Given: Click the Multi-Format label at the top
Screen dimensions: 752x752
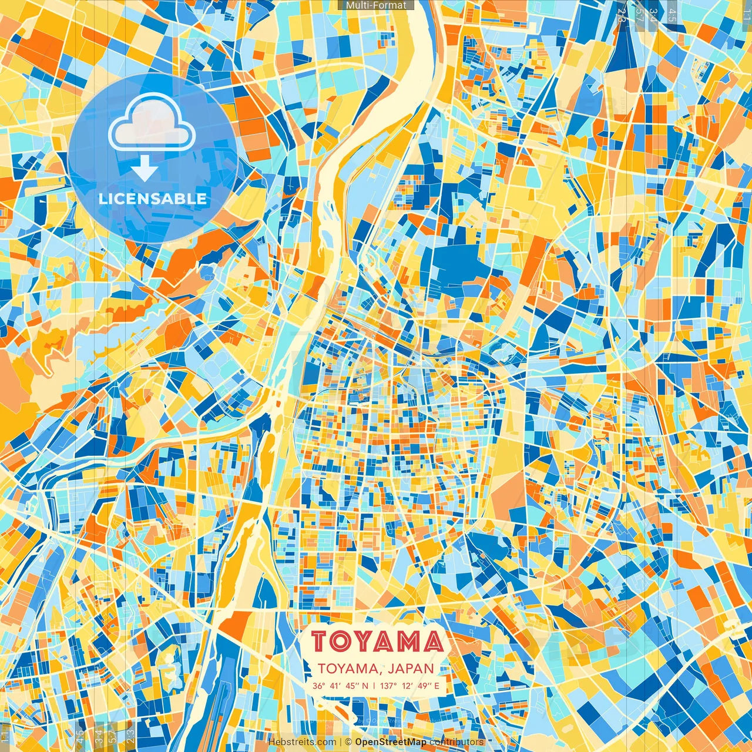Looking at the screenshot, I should pos(376,5).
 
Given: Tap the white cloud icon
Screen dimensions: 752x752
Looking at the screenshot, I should pos(152,124).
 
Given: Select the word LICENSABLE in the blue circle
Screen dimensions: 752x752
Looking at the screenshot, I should pos(152,199).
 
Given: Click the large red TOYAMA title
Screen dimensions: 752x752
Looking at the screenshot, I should pos(377,642).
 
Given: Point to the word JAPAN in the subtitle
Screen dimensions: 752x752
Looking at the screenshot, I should pos(412,669).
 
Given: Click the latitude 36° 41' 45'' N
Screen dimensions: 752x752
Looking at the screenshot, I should pos(341,686).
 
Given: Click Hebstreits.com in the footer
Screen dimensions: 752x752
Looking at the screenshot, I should pos(302,742).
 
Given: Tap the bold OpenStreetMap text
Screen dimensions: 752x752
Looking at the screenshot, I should pos(391,742).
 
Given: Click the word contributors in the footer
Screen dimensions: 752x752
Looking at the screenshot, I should pos(456,742).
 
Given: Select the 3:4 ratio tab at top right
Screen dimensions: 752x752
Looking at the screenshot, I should pos(653,15).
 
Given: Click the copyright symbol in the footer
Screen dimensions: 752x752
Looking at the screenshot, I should pos(348,742).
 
